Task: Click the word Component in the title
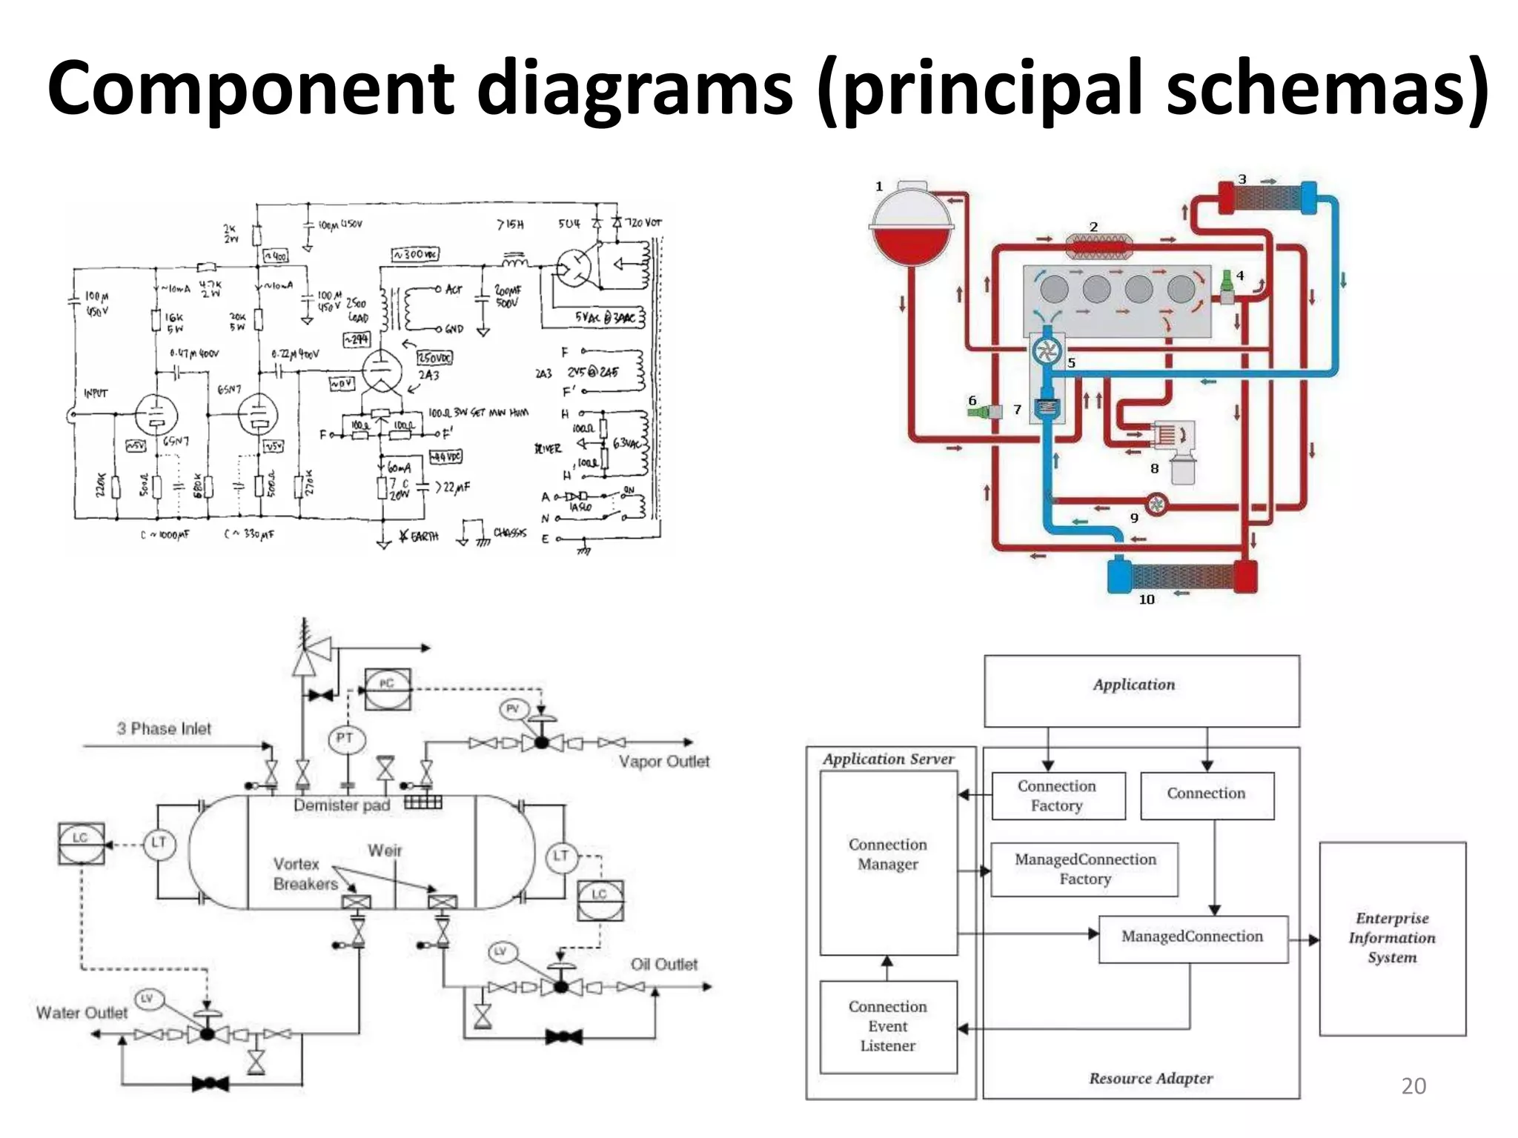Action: pos(251,89)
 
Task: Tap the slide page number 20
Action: pos(1413,1085)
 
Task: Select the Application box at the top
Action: pos(1141,690)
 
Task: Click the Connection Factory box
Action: pos(1058,796)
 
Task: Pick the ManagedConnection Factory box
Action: pos(1084,869)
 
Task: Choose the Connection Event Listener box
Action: pos(888,1026)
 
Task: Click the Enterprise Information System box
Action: pos(1392,938)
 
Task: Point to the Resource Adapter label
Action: pos(1150,1078)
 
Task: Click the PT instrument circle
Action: pos(345,739)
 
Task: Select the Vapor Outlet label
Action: pos(664,762)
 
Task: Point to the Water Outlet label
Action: pos(82,1013)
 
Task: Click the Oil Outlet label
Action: pos(664,965)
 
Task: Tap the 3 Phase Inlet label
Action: pos(164,729)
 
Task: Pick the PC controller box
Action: pos(387,689)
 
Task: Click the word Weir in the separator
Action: pos(385,851)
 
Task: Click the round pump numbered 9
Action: pos(1156,505)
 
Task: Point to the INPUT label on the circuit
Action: pos(96,393)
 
